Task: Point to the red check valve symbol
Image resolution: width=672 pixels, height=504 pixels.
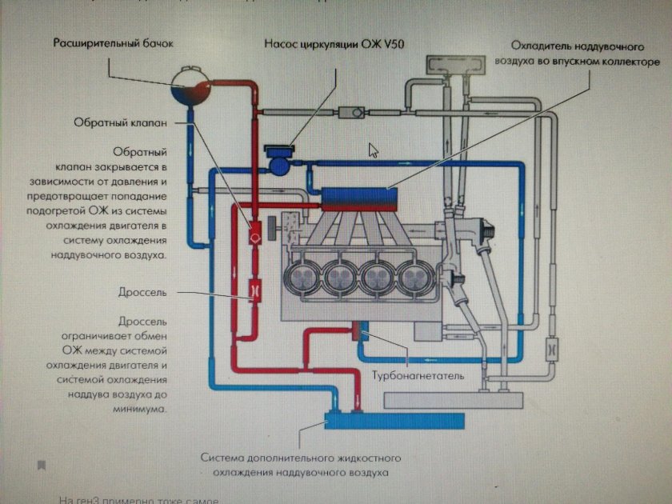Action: click(255, 235)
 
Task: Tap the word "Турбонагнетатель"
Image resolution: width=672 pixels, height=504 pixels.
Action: click(417, 375)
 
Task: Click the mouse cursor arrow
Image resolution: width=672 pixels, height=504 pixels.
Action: click(372, 150)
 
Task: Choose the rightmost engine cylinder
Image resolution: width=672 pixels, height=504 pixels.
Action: click(417, 279)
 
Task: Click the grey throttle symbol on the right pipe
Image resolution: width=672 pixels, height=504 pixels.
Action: click(552, 350)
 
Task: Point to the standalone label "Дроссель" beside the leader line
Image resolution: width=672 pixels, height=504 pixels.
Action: click(143, 293)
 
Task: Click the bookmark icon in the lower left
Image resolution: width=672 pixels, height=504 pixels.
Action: click(41, 465)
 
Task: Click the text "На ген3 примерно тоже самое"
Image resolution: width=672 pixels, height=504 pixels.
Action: click(139, 499)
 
